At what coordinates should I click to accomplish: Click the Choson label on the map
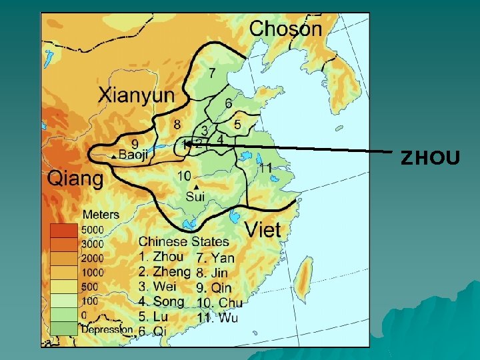pyautogui.click(x=285, y=29)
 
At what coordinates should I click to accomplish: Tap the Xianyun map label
pyautogui.click(x=136, y=95)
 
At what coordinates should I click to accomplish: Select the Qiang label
pyautogui.click(x=75, y=179)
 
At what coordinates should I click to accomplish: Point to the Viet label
pyautogui.click(x=263, y=230)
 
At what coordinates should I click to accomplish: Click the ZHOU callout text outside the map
pyautogui.click(x=430, y=158)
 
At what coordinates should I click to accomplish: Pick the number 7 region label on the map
pyautogui.click(x=212, y=72)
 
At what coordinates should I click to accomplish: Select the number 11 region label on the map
pyautogui.click(x=265, y=168)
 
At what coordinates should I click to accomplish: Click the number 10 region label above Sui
pyautogui.click(x=185, y=175)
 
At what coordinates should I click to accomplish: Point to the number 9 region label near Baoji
pyautogui.click(x=135, y=143)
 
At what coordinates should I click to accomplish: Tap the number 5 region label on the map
pyautogui.click(x=237, y=124)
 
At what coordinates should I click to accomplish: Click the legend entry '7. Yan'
pyautogui.click(x=215, y=258)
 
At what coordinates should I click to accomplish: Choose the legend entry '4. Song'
pyautogui.click(x=161, y=302)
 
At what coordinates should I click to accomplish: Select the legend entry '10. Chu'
pyautogui.click(x=219, y=303)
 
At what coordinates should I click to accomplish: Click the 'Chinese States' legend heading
pyautogui.click(x=183, y=242)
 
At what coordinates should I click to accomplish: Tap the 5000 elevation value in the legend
pyautogui.click(x=91, y=229)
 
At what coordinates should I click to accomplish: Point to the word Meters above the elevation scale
pyautogui.click(x=101, y=215)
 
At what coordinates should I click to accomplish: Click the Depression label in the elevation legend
pyautogui.click(x=107, y=329)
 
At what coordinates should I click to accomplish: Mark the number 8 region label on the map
pyautogui.click(x=177, y=124)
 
